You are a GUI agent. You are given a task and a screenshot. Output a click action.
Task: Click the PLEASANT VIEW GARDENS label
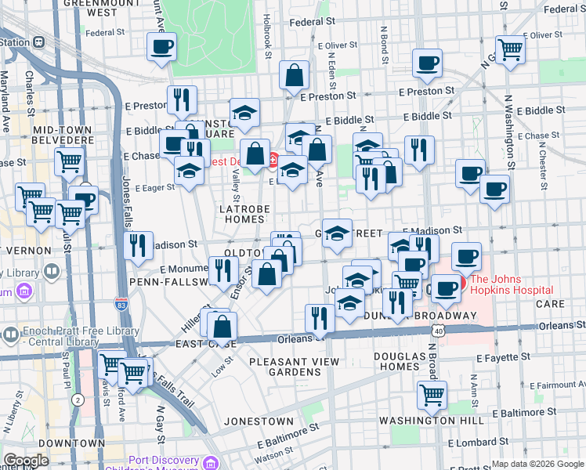tap(294, 367)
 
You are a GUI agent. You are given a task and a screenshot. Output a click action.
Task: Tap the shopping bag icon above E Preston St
tap(295, 76)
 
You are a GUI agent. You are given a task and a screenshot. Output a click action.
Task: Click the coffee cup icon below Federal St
tap(162, 48)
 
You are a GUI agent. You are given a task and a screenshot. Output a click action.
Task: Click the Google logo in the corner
tap(26, 461)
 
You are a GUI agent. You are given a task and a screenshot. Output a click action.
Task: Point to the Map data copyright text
tap(538, 464)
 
